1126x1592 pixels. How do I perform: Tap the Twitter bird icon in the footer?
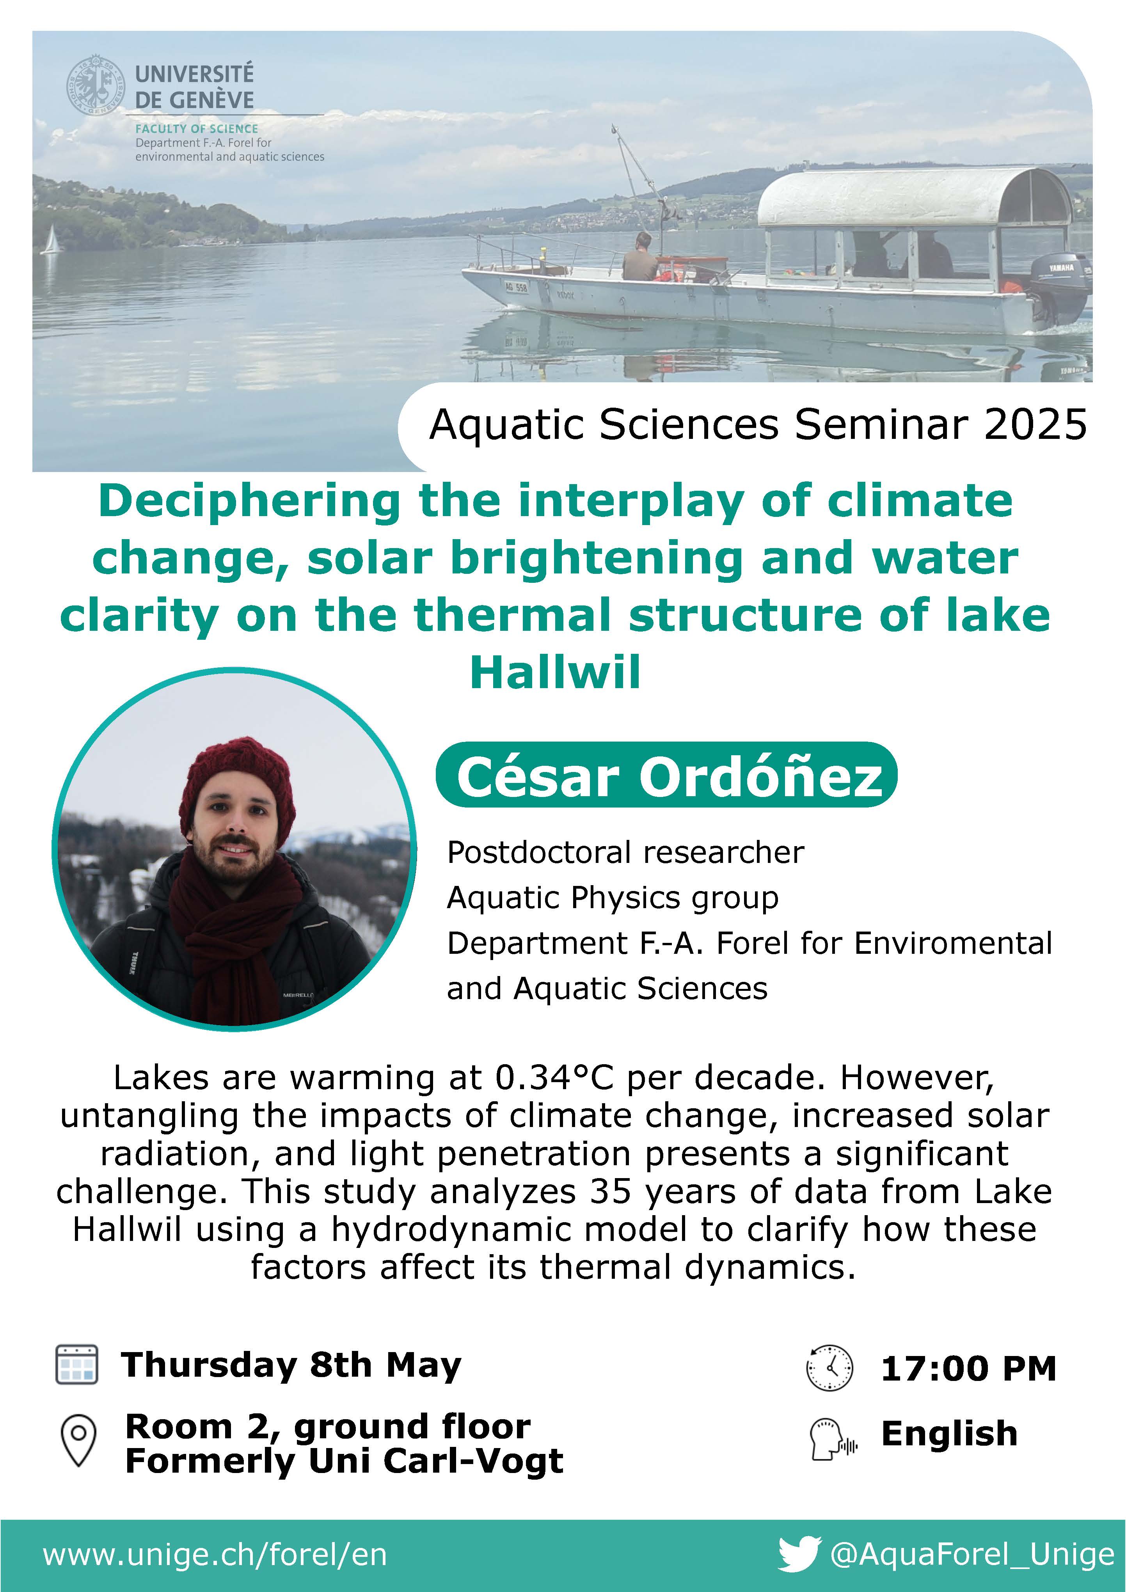(799, 1554)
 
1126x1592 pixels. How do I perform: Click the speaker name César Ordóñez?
(669, 777)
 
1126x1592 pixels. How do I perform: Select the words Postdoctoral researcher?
(625, 852)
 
